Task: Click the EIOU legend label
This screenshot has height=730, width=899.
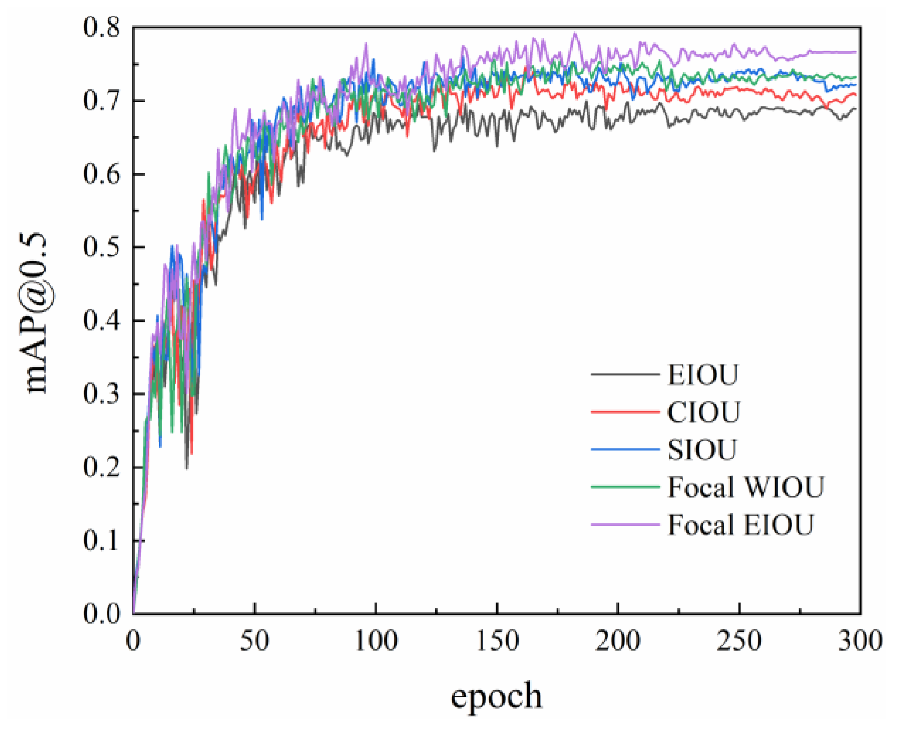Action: (702, 375)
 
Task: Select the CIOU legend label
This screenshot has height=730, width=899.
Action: (703, 412)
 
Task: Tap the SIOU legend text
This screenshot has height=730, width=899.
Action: (701, 450)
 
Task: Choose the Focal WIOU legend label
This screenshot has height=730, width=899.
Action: (745, 487)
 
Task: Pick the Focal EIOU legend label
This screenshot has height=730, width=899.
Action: (741, 525)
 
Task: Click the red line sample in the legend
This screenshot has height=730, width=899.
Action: (625, 412)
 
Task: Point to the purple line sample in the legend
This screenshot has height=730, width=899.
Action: (625, 524)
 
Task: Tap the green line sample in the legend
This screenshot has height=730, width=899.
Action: (625, 487)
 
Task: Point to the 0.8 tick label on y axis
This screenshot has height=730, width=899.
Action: (101, 27)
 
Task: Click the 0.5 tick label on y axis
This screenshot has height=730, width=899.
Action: (101, 247)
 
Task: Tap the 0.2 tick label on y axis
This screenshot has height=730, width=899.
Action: (101, 467)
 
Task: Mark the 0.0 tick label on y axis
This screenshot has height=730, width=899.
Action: (101, 613)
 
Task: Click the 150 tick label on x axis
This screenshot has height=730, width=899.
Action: (497, 641)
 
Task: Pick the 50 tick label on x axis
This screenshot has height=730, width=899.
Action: (255, 641)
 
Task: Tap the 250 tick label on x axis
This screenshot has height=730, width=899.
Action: (739, 641)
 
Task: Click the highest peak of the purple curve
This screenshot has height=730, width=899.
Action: (574, 33)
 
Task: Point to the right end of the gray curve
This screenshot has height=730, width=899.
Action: (856, 109)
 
